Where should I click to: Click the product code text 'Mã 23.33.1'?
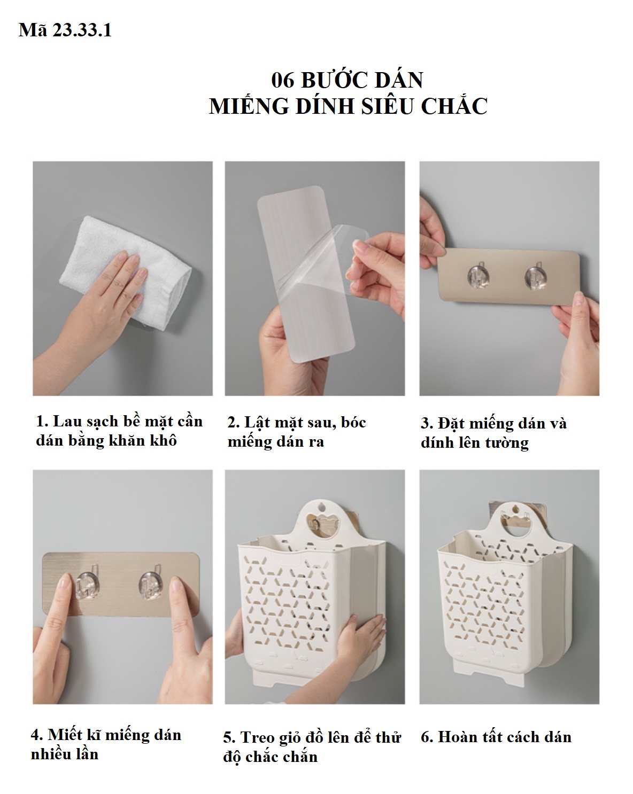pos(65,30)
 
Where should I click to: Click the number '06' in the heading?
pos(283,80)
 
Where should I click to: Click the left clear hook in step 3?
pos(478,275)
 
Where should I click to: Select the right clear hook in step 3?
pos(536,276)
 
